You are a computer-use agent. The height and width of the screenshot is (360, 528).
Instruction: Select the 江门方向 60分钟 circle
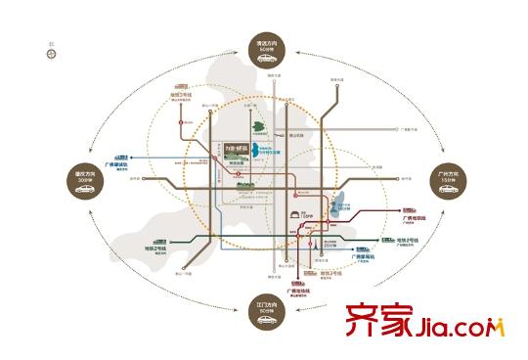[265, 310]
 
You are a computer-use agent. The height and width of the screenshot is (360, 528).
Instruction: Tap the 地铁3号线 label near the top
[181, 95]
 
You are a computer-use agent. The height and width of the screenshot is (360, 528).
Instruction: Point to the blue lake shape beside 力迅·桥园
[255, 152]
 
